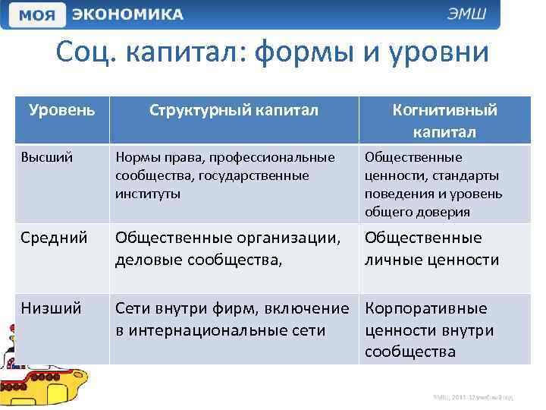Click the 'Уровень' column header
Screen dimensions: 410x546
[x=62, y=110]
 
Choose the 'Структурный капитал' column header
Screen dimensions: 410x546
[x=233, y=111]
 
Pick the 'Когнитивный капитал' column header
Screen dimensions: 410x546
[x=444, y=121]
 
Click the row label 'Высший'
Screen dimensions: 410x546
[x=47, y=158]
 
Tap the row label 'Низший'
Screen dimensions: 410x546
[x=51, y=309]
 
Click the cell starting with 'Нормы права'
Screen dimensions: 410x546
[x=224, y=175]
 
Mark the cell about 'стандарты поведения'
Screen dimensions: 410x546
[x=434, y=184]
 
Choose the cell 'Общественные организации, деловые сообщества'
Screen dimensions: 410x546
[x=228, y=249]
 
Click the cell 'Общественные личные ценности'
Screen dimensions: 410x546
[x=432, y=249]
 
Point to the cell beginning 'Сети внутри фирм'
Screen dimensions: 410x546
[x=231, y=320]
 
